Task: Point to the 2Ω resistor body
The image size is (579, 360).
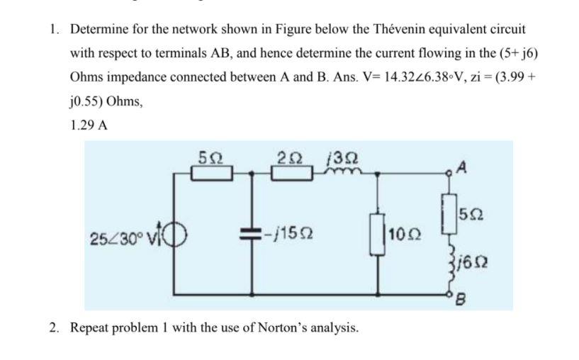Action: pyautogui.click(x=292, y=173)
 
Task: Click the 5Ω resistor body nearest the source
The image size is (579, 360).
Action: pyautogui.click(x=210, y=173)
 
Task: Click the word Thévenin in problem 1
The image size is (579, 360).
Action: pyautogui.click(x=383, y=30)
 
